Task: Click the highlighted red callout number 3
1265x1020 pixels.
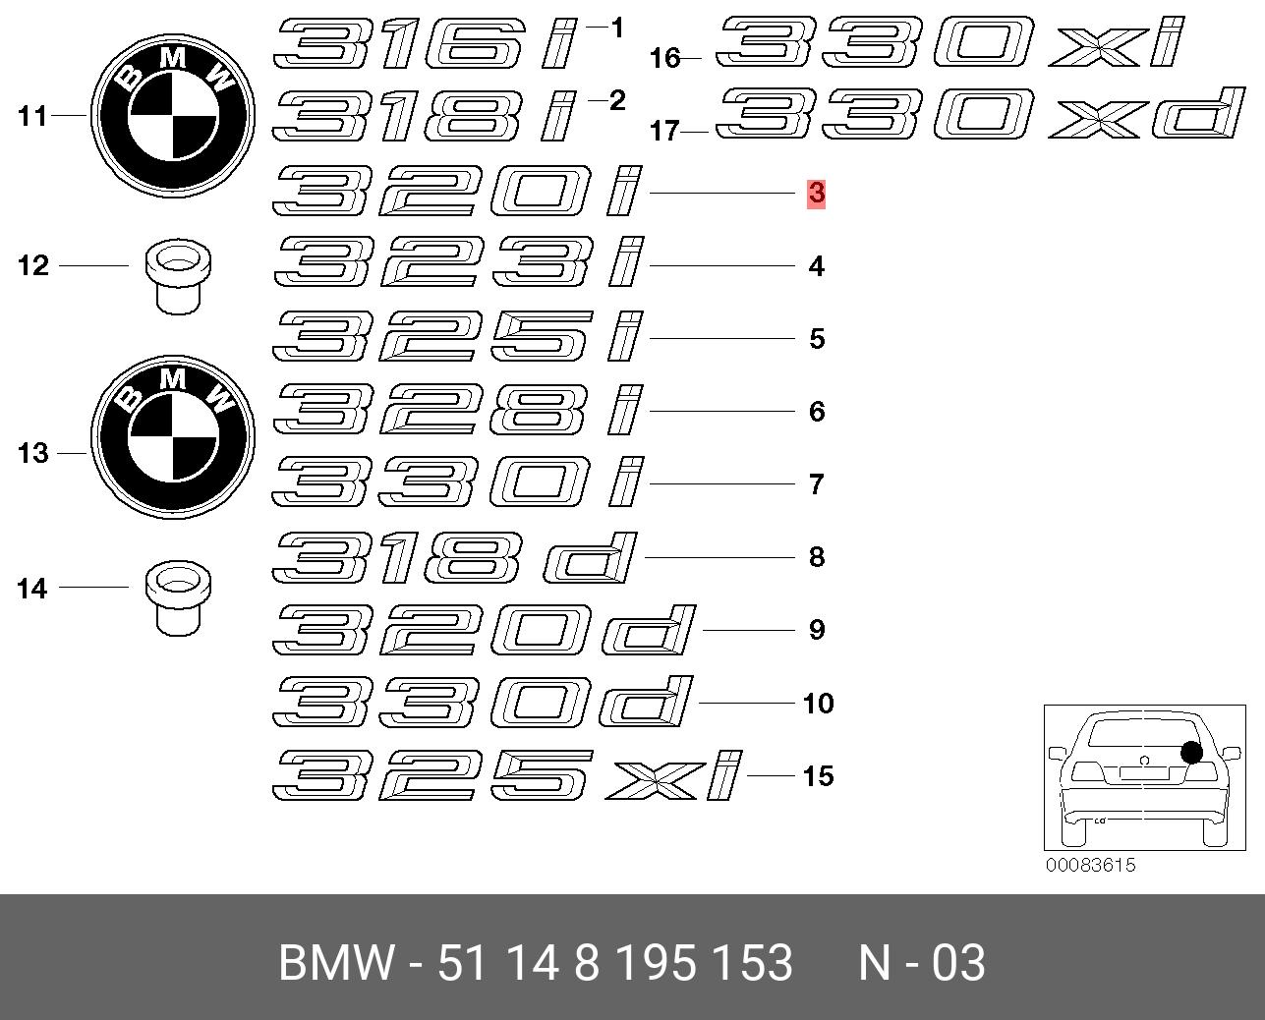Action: click(x=817, y=194)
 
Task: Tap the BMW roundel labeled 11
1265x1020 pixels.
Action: click(x=173, y=115)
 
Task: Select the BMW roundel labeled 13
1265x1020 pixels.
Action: click(x=173, y=437)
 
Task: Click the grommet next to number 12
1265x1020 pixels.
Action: click(x=178, y=276)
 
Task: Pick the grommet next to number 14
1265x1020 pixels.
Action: click(x=178, y=597)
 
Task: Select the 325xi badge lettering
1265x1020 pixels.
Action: click(x=507, y=775)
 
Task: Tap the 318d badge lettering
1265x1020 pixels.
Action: click(x=454, y=557)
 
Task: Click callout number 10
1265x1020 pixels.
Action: click(x=818, y=704)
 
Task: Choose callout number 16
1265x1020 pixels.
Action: click(x=664, y=59)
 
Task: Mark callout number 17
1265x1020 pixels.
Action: click(x=664, y=131)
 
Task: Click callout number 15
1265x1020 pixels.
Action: click(x=818, y=776)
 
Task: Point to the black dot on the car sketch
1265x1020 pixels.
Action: click(x=1191, y=752)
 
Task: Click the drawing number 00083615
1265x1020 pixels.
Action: click(x=1090, y=865)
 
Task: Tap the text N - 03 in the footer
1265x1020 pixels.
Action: click(x=922, y=963)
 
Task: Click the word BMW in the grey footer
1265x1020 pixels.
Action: click(x=335, y=963)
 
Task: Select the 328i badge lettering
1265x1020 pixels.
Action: click(x=458, y=411)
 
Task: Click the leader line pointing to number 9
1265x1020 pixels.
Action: click(x=749, y=630)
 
